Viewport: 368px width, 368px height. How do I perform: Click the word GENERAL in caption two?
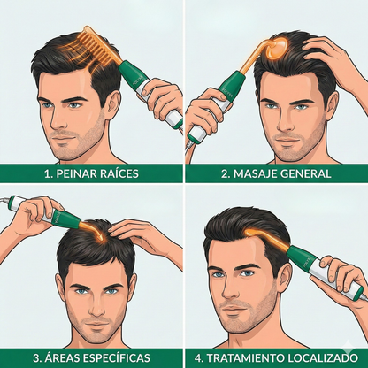(305, 173)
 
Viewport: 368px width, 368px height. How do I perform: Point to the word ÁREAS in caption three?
(66, 357)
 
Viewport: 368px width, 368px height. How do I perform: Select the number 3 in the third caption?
(35, 357)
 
